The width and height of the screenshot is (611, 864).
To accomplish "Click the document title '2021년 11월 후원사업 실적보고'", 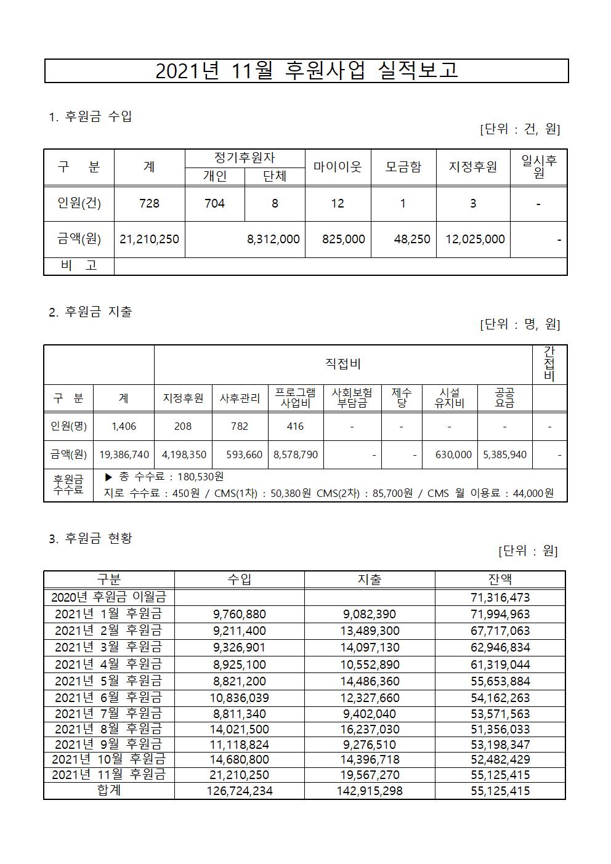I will pyautogui.click(x=306, y=71).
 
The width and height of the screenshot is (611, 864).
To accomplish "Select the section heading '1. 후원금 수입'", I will pyautogui.click(x=90, y=116).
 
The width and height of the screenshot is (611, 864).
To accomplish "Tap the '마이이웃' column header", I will pyautogui.click(x=338, y=167).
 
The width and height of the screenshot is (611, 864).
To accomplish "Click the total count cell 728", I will pyautogui.click(x=149, y=203).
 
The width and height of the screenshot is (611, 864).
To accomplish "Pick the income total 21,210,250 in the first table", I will pyautogui.click(x=149, y=239).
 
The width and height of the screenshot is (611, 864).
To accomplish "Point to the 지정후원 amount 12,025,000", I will pyautogui.click(x=473, y=239).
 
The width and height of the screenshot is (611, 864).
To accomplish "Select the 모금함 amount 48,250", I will pyautogui.click(x=412, y=239).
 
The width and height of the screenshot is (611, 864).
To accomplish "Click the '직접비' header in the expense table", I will pyautogui.click(x=342, y=365).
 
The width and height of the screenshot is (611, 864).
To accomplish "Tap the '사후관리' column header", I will pyautogui.click(x=240, y=398).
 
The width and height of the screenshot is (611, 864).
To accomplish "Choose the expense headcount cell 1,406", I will pyautogui.click(x=123, y=426).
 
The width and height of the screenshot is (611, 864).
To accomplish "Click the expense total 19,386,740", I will pyautogui.click(x=124, y=454).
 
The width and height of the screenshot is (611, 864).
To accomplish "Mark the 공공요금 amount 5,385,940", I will pyautogui.click(x=504, y=454).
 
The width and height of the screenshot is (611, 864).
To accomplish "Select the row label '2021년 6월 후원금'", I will pyautogui.click(x=108, y=698).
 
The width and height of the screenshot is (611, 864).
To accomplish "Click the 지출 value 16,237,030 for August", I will pyautogui.click(x=370, y=730).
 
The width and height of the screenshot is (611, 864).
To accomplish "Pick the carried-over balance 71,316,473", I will pyautogui.click(x=500, y=597).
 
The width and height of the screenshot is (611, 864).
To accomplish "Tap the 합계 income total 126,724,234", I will pyautogui.click(x=240, y=791).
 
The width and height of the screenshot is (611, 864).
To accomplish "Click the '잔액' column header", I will pyautogui.click(x=500, y=579).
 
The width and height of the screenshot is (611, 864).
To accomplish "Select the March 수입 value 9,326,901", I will pyautogui.click(x=240, y=648).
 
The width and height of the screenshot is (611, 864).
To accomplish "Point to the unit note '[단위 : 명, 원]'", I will pyautogui.click(x=519, y=324).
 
